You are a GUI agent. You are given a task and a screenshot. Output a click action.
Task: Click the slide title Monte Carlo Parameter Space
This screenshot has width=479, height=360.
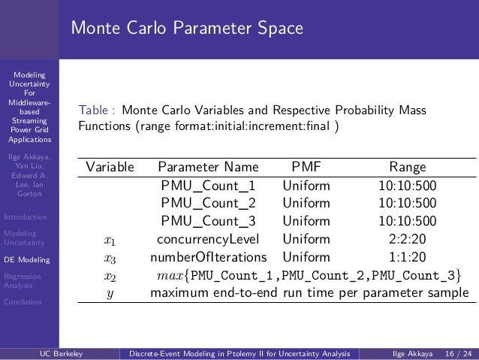click(x=187, y=29)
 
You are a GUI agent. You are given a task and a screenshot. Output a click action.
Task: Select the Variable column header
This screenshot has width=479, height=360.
click(x=110, y=167)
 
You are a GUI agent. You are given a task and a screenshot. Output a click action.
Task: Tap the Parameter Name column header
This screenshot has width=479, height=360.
click(x=208, y=167)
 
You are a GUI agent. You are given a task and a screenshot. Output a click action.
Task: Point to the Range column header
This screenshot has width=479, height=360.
click(x=407, y=167)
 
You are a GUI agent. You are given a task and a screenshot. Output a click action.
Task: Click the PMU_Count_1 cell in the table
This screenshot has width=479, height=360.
click(x=208, y=185)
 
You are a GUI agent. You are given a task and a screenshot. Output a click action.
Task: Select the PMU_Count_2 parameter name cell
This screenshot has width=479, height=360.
click(x=208, y=203)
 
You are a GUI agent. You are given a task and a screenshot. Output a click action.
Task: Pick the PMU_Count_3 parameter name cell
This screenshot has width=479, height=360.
click(x=208, y=221)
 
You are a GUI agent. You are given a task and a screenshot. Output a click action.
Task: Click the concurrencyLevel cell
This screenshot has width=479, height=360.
click(x=208, y=239)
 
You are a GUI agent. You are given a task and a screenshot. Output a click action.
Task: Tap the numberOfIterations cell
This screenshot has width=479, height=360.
click(x=208, y=257)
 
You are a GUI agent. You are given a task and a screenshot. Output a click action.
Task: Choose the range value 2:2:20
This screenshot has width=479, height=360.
click(x=407, y=239)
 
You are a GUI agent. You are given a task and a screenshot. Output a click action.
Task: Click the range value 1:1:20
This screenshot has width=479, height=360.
click(x=407, y=257)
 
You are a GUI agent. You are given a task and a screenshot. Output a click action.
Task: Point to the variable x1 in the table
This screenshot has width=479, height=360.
click(x=110, y=241)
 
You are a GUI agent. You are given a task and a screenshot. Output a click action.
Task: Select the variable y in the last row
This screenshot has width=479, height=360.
click(x=110, y=294)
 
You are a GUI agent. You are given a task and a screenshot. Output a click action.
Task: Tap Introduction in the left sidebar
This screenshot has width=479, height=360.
click(x=26, y=217)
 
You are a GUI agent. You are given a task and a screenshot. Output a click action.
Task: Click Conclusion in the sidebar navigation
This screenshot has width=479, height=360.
click(x=24, y=303)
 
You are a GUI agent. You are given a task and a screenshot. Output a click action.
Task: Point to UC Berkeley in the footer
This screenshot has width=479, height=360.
click(x=62, y=352)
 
